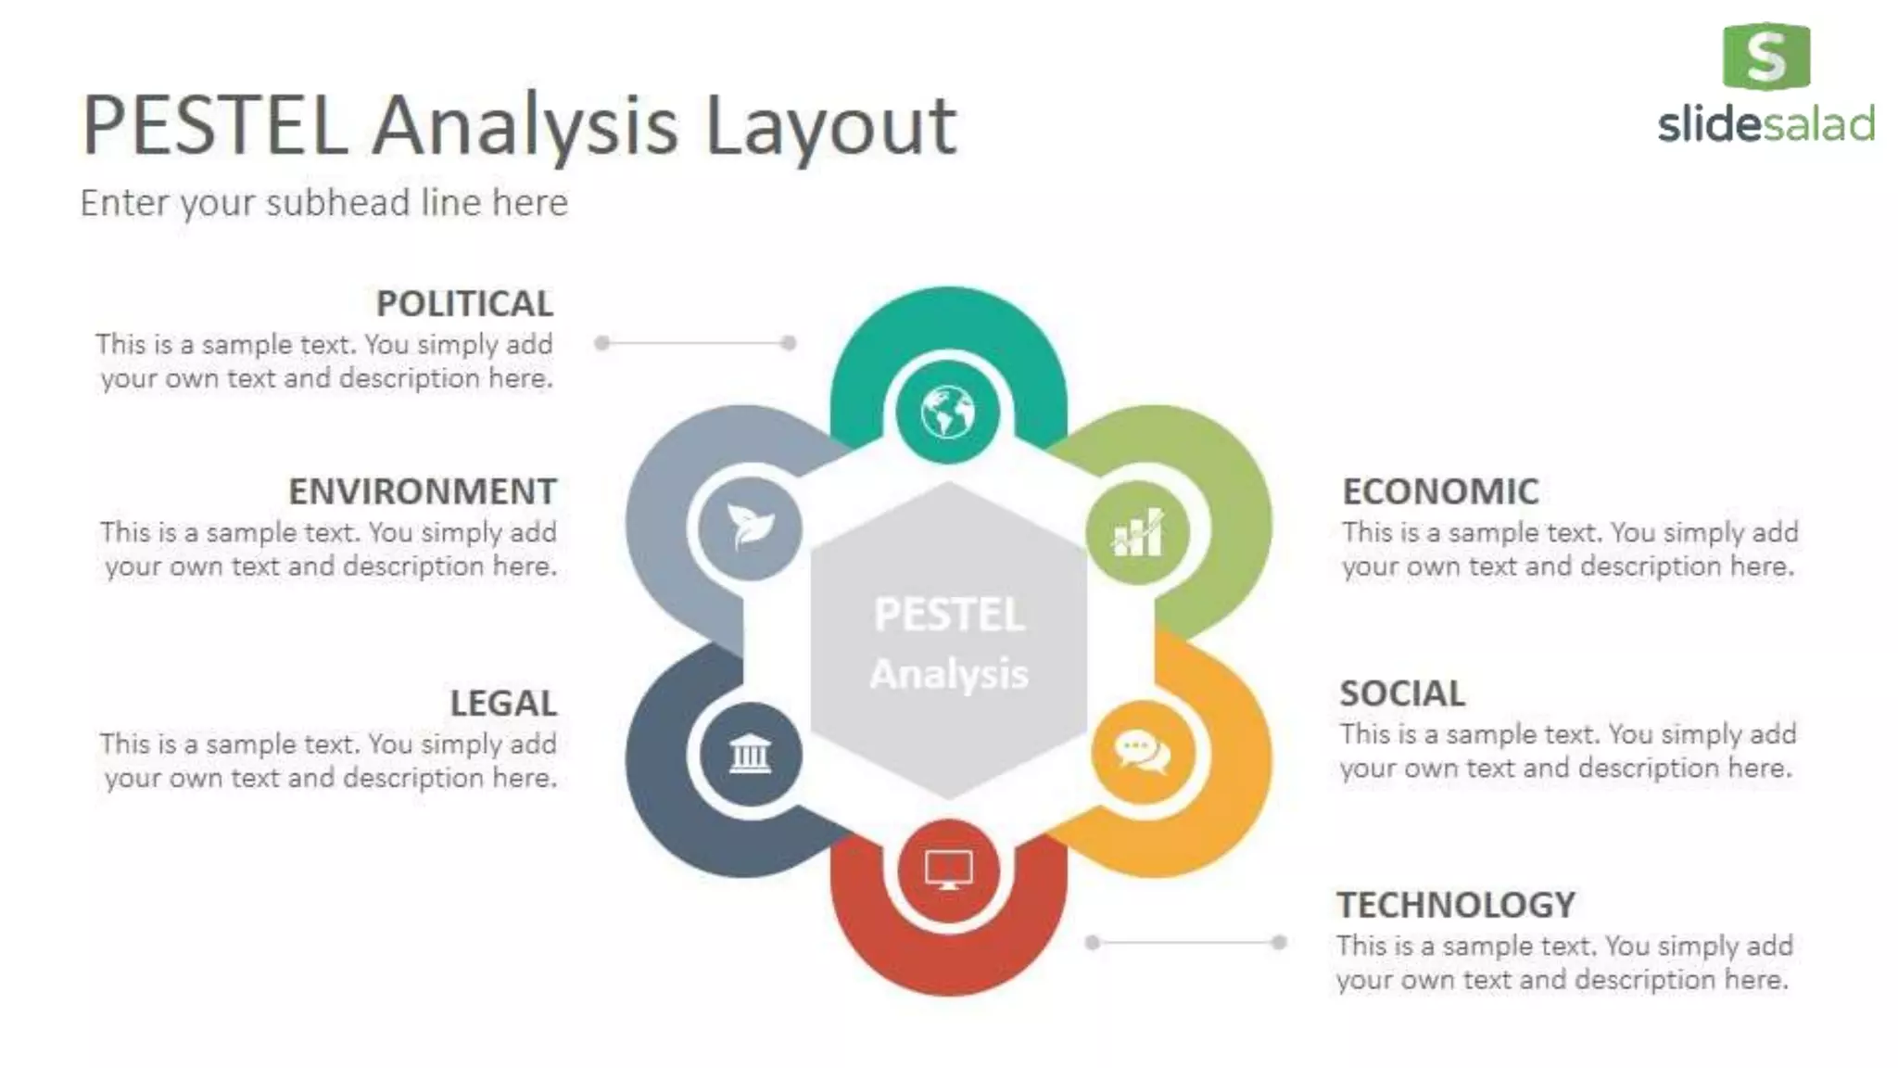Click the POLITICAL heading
(x=464, y=304)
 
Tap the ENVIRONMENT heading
(x=423, y=491)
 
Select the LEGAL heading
(x=503, y=704)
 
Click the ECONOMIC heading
(x=1440, y=491)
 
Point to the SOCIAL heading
(x=1402, y=693)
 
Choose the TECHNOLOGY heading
(x=1455, y=905)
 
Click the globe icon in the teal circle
(x=947, y=412)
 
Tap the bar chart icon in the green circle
(x=1138, y=532)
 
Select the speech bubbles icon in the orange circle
(x=1142, y=752)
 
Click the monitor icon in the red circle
(x=948, y=870)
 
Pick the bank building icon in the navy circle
(x=750, y=753)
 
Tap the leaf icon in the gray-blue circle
(x=749, y=527)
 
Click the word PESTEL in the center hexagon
(x=949, y=615)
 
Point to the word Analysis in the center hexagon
(x=949, y=674)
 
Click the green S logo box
(x=1765, y=57)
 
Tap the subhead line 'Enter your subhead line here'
(x=323, y=203)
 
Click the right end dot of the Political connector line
(x=789, y=343)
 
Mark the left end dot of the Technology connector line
(x=1093, y=943)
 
